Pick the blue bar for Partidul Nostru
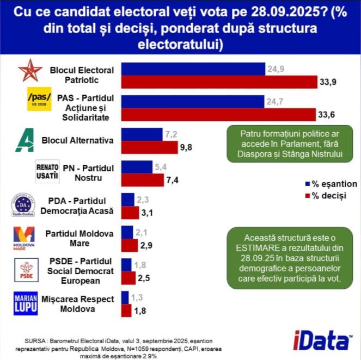[136, 167]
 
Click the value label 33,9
[327, 83]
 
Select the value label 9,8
[173, 147]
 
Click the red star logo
[30, 71]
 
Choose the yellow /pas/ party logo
[39, 98]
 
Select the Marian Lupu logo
[25, 304]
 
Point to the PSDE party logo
[26, 270]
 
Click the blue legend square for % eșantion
[308, 184]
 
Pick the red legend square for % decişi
[308, 195]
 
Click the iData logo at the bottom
[314, 341]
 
